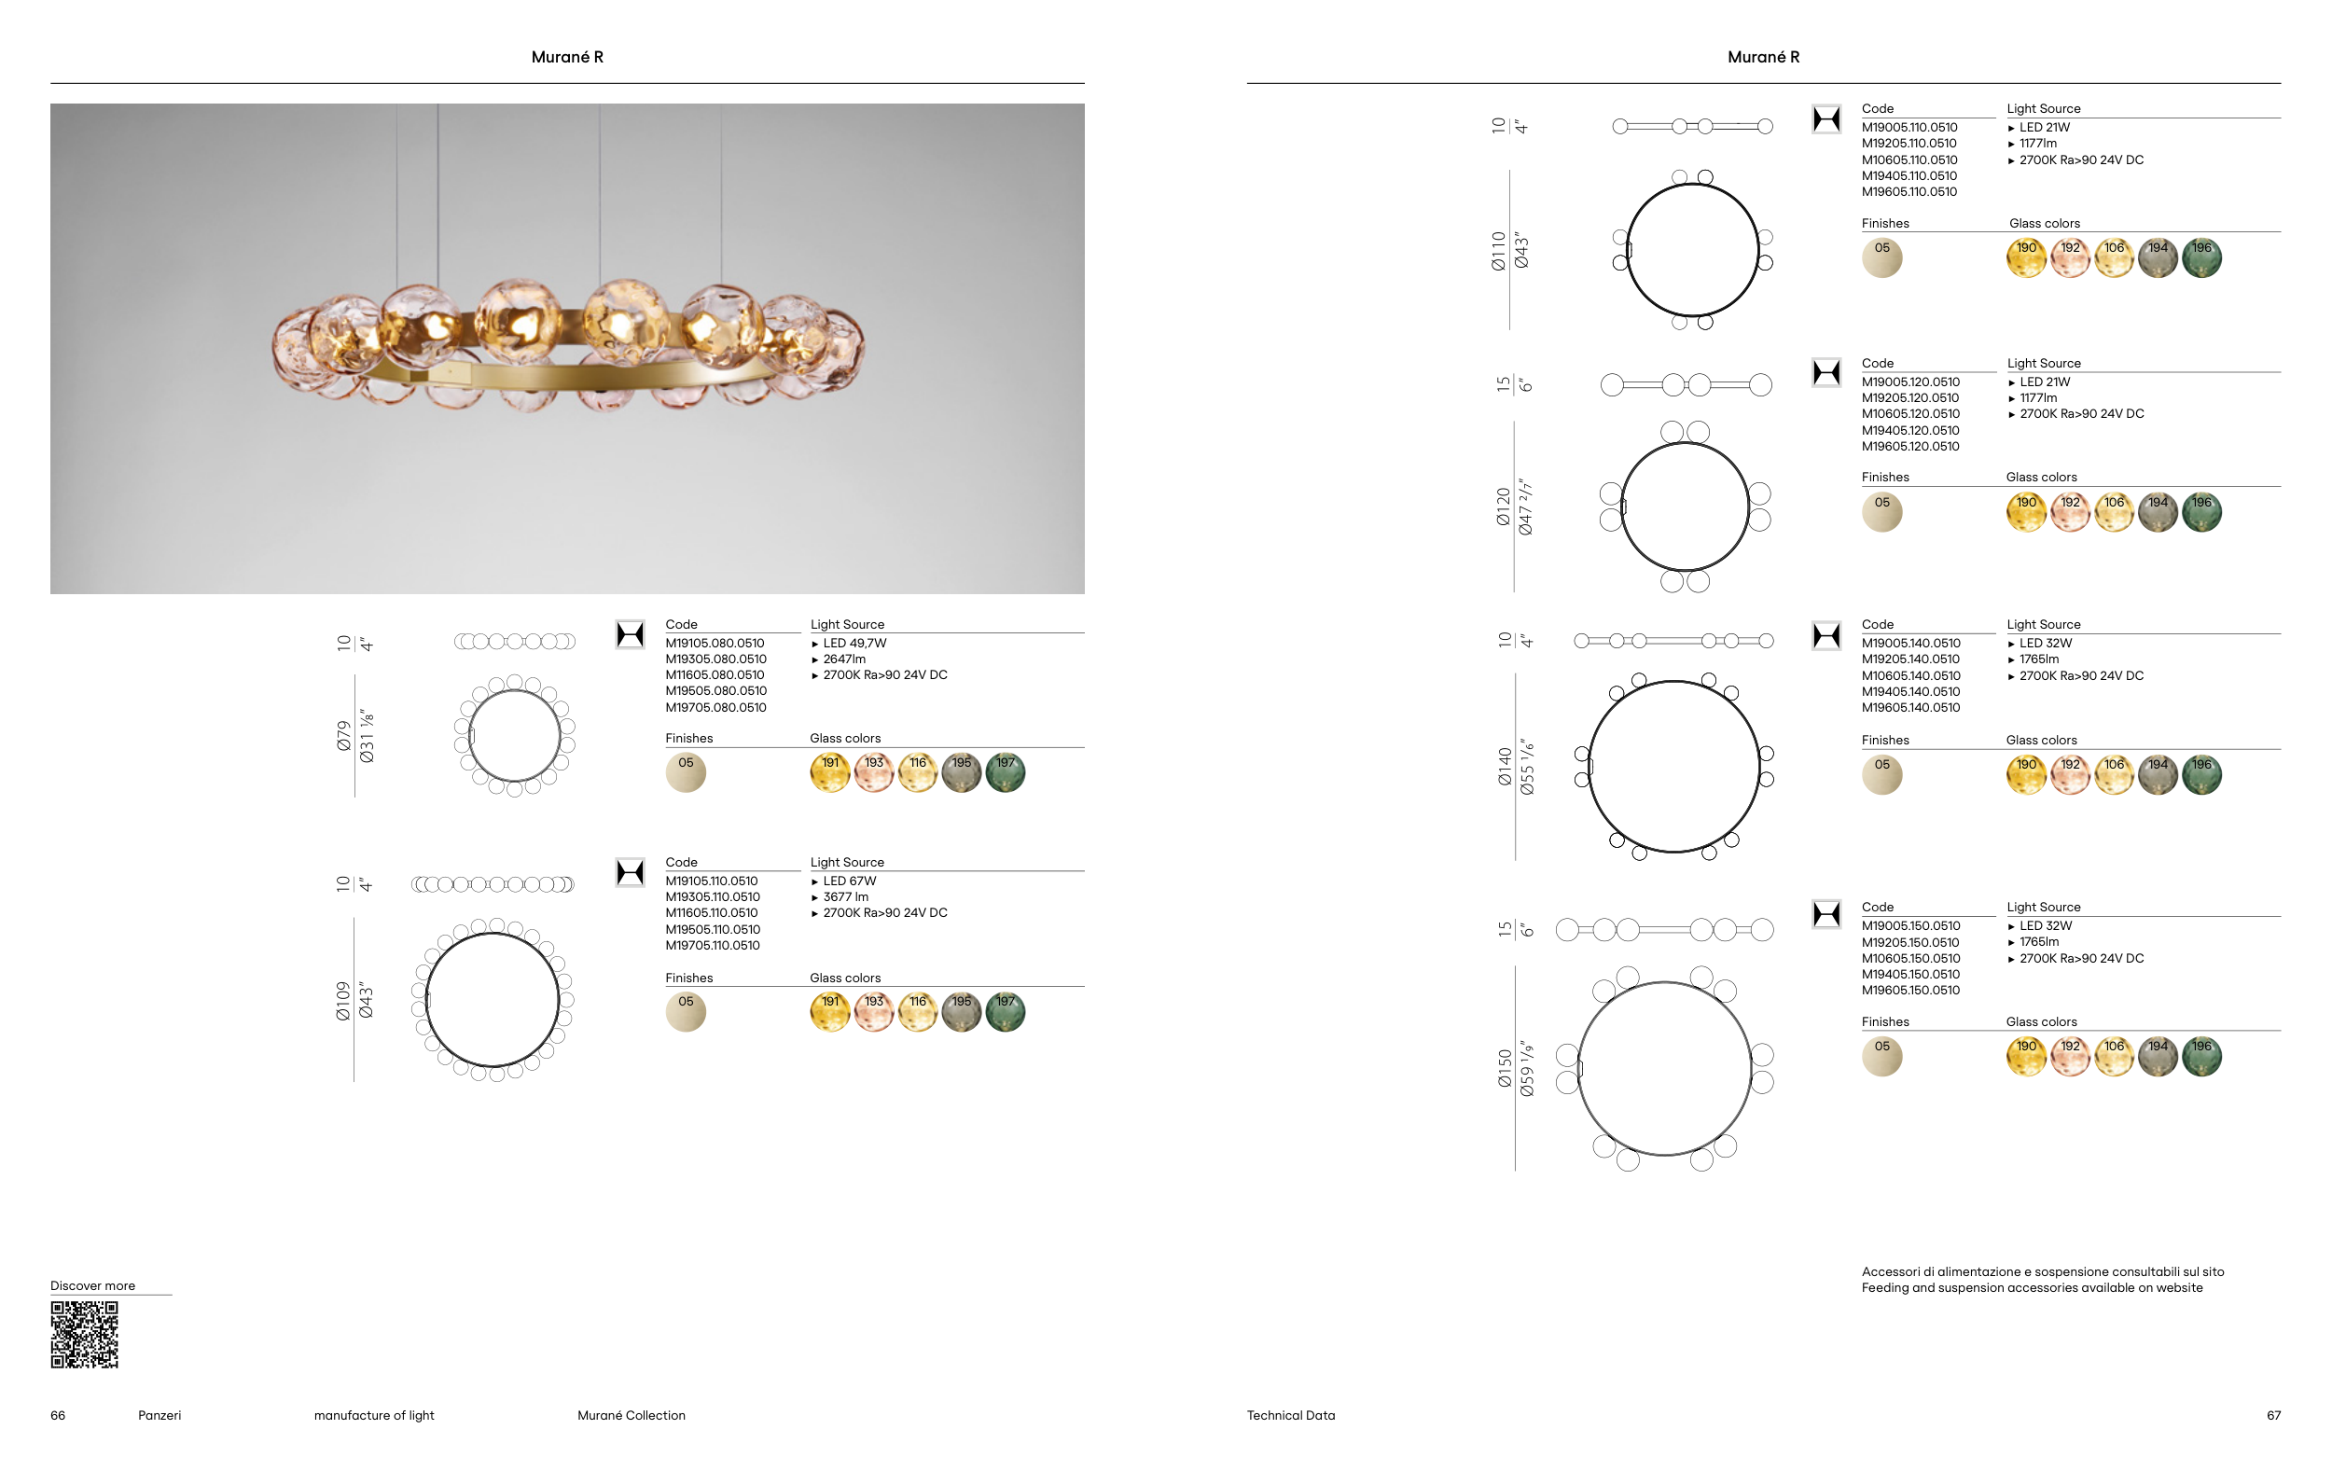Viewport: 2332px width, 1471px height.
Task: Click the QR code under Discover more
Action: pos(84,1335)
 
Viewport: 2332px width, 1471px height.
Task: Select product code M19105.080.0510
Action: pos(715,643)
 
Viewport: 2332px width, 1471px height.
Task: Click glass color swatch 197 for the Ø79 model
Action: pos(1006,772)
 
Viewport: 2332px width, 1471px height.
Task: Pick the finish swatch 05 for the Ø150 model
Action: pos(1881,1057)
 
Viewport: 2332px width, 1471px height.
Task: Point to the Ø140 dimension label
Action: pos(1505,766)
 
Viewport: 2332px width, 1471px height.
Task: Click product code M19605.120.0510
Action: pos(1910,447)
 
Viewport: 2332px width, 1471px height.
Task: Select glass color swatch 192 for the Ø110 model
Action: pos(2071,257)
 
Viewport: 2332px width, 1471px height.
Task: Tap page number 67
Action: pos(2274,1415)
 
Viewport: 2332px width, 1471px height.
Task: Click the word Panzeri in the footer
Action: pos(160,1415)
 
